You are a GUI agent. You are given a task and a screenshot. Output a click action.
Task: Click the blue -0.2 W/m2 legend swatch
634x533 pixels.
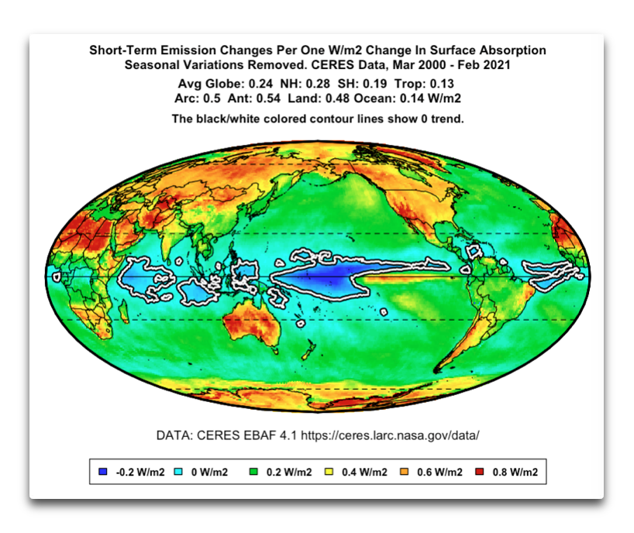pos(103,472)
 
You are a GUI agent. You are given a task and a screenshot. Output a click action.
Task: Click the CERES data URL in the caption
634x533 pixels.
pos(395,435)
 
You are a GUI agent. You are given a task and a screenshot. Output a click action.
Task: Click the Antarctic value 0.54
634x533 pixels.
pos(270,98)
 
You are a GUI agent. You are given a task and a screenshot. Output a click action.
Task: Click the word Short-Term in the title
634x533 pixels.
pos(121,50)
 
